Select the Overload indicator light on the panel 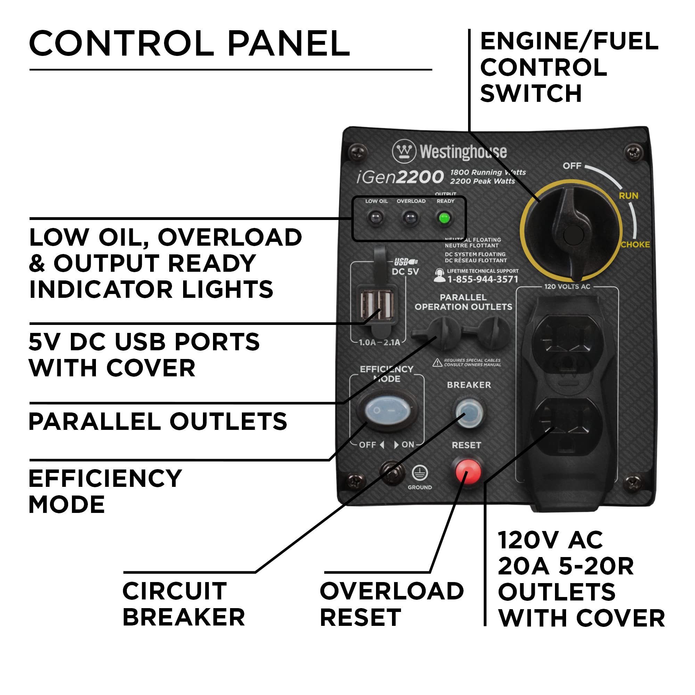[x=410, y=218]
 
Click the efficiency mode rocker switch [x=387, y=410]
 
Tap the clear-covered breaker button [x=468, y=412]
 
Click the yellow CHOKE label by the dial [x=635, y=245]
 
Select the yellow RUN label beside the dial [x=628, y=196]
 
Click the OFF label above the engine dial [x=572, y=166]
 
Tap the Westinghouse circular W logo [x=404, y=151]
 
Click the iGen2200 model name [x=400, y=177]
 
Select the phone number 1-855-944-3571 [x=482, y=279]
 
